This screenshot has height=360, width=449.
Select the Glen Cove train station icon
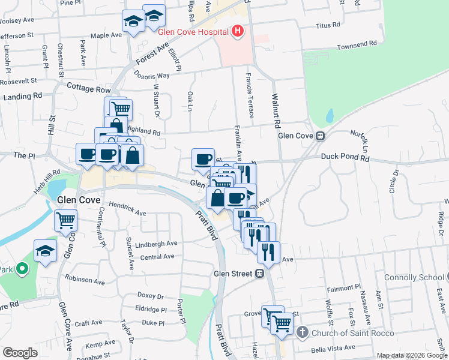[x=321, y=136]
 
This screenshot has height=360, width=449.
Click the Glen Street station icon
[x=260, y=274]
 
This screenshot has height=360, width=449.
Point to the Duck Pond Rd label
[x=345, y=157]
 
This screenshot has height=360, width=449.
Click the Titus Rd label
[x=328, y=26]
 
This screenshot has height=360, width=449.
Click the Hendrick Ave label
[x=128, y=212]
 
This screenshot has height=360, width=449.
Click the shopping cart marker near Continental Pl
[x=65, y=220]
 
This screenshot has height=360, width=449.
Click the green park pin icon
[x=22, y=269]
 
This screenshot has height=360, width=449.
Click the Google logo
[x=20, y=352]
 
